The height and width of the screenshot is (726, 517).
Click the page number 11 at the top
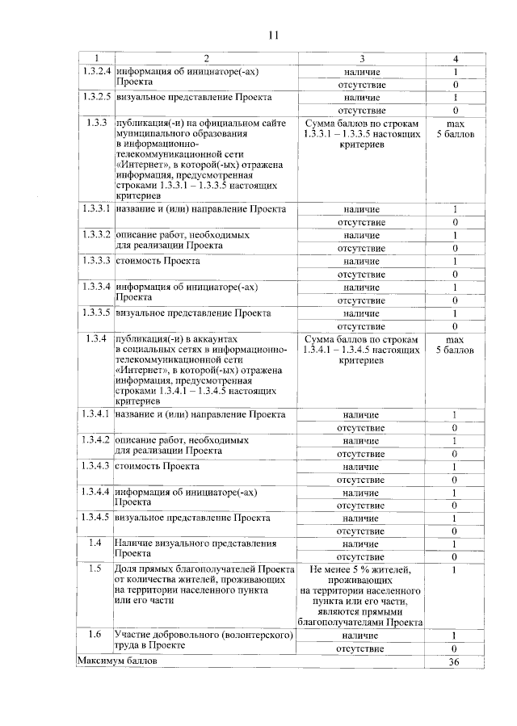pos(272,35)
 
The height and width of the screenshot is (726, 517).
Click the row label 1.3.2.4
pos(95,71)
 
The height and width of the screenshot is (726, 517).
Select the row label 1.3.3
pos(95,123)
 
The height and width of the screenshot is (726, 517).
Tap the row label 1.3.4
pos(95,338)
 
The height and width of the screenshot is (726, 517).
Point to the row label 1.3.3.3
pos(95,261)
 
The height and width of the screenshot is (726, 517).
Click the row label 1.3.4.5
pos(95,518)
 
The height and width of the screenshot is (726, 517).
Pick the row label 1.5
pos(95,569)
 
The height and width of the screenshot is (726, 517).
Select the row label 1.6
pos(95,634)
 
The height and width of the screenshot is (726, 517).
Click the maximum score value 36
pos(455,661)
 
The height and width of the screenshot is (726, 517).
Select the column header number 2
pos(205,58)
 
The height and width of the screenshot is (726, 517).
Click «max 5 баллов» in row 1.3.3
pos(455,128)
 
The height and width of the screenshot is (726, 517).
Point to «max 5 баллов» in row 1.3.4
pos(455,345)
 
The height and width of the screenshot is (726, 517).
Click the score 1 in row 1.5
pos(455,570)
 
